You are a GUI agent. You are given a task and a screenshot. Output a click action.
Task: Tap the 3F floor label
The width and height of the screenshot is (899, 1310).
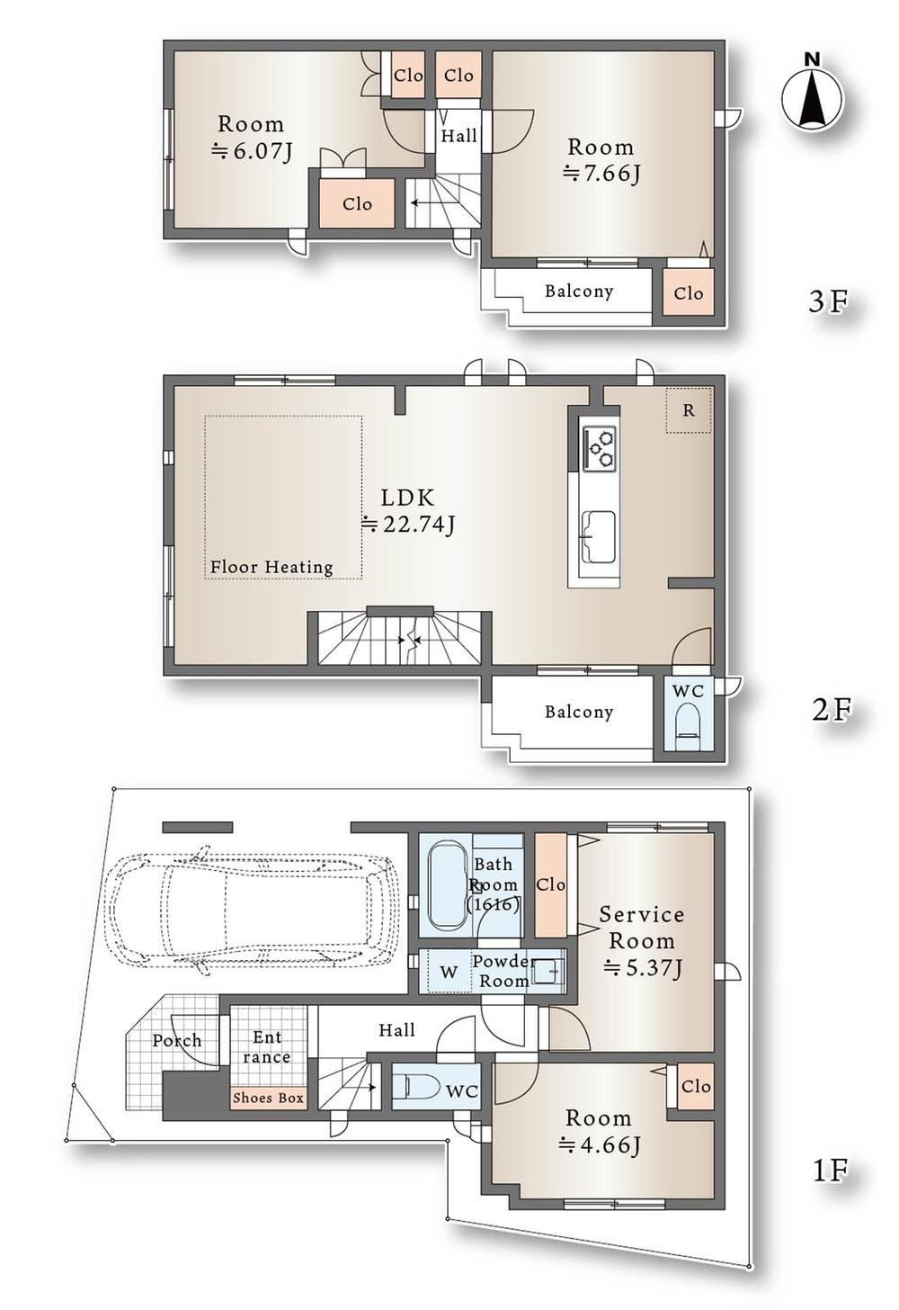click(x=828, y=301)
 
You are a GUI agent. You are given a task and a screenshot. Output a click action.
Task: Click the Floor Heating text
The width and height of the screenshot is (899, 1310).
click(x=271, y=567)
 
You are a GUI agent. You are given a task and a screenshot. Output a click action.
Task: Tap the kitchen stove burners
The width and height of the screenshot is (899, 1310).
click(x=599, y=447)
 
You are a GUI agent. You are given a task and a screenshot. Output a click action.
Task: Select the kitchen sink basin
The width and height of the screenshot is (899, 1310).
click(x=599, y=536)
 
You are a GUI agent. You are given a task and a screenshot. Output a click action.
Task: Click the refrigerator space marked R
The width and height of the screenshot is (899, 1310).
click(x=690, y=410)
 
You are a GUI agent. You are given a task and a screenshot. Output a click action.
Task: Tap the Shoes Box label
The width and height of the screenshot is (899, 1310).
click(x=268, y=1098)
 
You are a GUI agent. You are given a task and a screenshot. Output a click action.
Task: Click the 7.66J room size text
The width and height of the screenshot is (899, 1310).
click(x=601, y=174)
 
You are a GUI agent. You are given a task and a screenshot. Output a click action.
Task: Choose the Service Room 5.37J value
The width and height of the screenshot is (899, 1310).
click(x=643, y=968)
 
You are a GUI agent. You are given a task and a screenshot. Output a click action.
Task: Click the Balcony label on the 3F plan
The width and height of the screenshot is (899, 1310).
click(x=579, y=292)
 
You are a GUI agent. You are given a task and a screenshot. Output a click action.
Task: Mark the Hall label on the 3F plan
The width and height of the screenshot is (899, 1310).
click(x=458, y=136)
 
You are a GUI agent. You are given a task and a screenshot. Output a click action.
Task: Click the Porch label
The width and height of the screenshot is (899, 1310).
click(x=176, y=1040)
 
